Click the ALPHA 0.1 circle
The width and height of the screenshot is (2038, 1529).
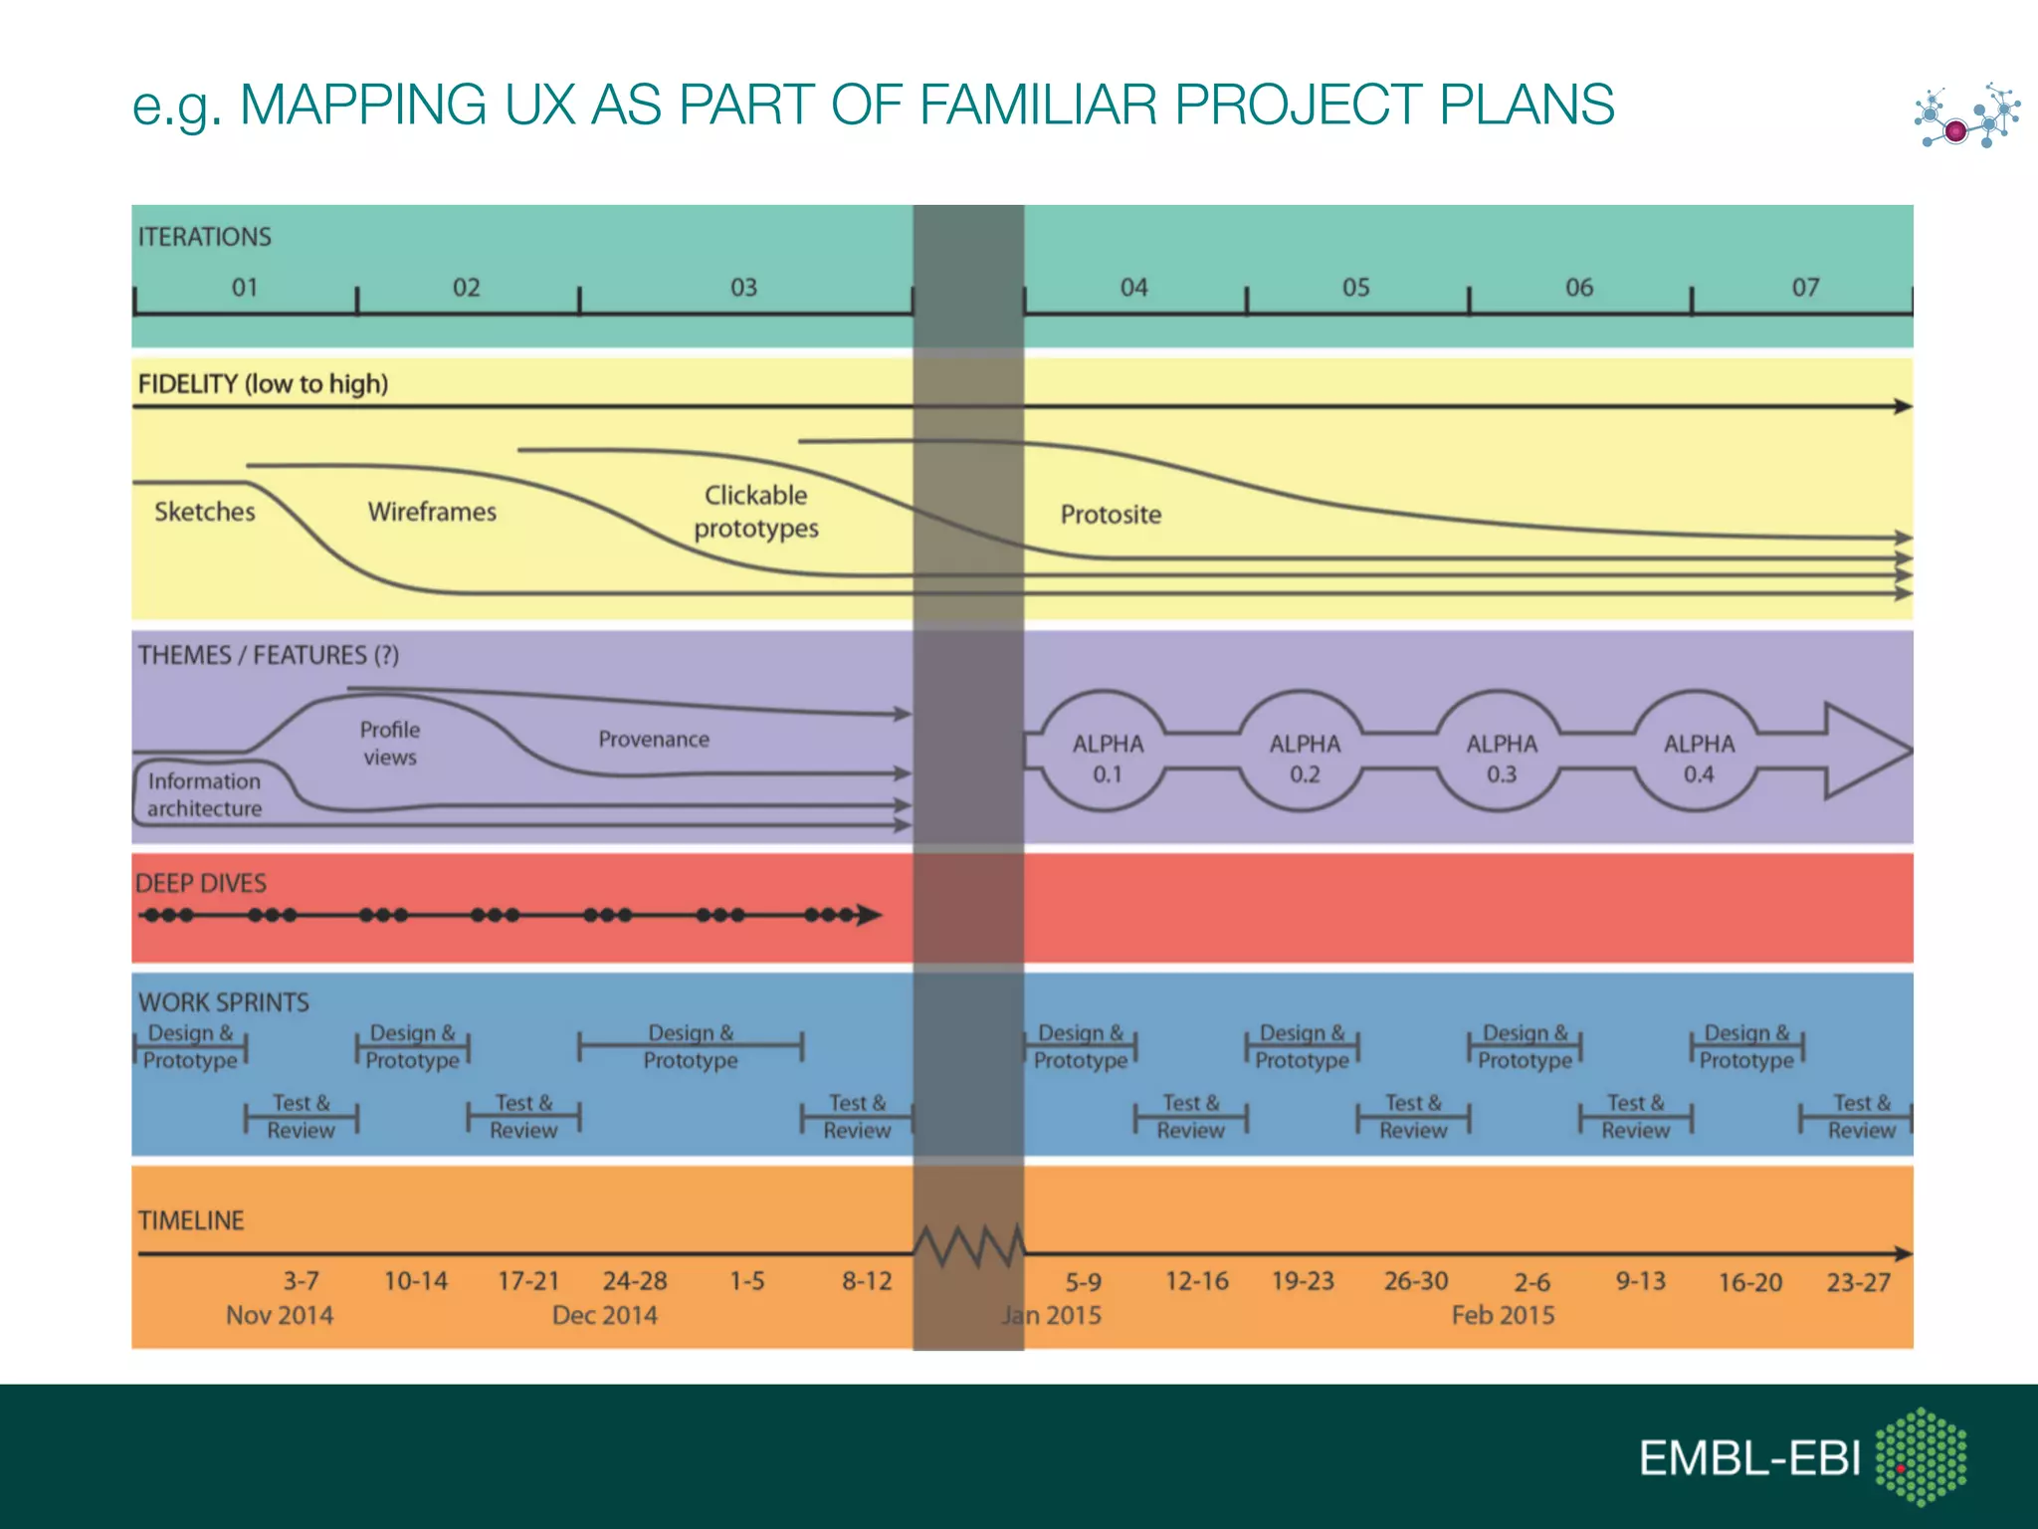[x=1107, y=758]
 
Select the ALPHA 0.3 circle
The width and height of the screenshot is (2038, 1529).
[x=1501, y=758]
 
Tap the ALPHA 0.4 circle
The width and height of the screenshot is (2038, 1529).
[x=1699, y=758]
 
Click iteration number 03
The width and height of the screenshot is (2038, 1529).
[x=743, y=288]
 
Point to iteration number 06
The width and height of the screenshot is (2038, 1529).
[x=1578, y=288]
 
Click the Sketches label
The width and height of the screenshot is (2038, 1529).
[x=204, y=512]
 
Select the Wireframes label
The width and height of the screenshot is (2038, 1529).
[x=432, y=512]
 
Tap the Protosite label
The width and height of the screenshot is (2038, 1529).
[x=1111, y=515]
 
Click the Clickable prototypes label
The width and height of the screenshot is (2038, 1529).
[x=756, y=512]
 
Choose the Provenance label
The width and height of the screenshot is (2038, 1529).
[x=654, y=740]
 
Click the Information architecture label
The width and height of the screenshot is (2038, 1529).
[x=204, y=794]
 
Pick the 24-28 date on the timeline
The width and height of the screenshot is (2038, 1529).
[x=635, y=1281]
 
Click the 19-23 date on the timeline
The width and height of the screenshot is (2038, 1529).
[x=1303, y=1281]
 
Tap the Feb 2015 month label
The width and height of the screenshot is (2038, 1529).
[x=1503, y=1315]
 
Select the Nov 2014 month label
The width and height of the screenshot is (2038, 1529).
[x=280, y=1315]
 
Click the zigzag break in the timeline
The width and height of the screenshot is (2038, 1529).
[x=968, y=1246]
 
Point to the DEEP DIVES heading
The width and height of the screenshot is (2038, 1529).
[x=201, y=883]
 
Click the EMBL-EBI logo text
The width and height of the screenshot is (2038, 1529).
[x=1749, y=1459]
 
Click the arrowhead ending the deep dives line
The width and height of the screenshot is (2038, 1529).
[x=869, y=915]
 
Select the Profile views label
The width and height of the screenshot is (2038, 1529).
[x=390, y=744]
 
